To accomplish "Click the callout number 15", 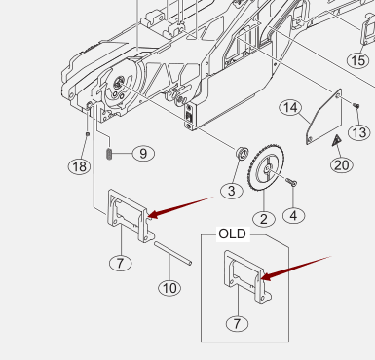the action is [358, 60].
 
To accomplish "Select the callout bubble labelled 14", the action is [290, 107].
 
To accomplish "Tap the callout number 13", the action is [359, 132].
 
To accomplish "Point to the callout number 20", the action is [342, 165].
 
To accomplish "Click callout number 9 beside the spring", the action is [143, 153].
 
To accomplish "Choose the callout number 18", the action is [79, 166].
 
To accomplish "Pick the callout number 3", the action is [231, 191].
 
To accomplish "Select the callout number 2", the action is [264, 219].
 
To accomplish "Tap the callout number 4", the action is [293, 216].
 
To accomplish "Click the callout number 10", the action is [169, 288].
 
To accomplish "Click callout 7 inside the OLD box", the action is [237, 323].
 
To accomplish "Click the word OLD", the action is [233, 234].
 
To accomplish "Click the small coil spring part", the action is [109, 154].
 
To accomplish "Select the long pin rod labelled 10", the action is [172, 253].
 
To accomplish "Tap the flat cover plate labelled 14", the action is [324, 117].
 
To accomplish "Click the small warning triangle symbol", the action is [337, 140].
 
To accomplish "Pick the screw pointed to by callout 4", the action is [291, 182].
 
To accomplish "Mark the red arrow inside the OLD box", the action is [295, 269].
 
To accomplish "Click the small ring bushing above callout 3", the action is [243, 152].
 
